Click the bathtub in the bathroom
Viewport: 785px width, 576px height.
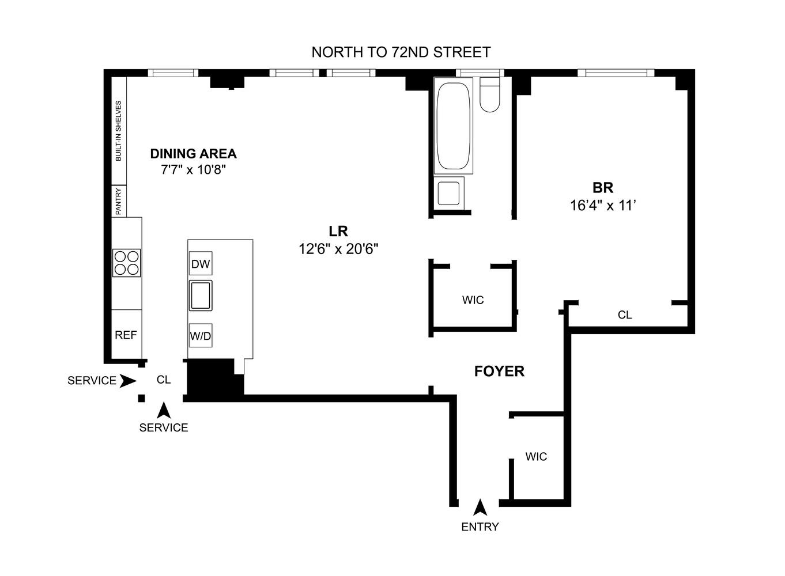click(x=454, y=126)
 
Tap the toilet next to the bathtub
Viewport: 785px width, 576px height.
click(x=489, y=94)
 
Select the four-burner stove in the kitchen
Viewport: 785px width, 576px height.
click(x=127, y=263)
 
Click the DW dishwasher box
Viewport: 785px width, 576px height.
click(x=201, y=263)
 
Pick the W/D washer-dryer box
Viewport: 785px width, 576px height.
click(x=201, y=335)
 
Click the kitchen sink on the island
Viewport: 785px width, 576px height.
click(x=201, y=295)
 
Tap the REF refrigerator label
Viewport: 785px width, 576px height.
click(x=126, y=335)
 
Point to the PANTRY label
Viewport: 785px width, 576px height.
click(x=119, y=202)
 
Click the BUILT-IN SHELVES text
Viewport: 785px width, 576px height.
click(x=119, y=131)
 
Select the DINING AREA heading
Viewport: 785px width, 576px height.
click(x=194, y=154)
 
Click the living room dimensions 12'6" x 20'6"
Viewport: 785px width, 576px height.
click(x=338, y=249)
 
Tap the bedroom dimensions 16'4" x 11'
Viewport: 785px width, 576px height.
click(x=603, y=205)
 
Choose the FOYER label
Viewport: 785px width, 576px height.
click(x=499, y=371)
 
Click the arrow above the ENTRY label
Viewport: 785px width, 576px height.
click(x=480, y=507)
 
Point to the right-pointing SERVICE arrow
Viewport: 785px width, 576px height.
click(x=128, y=381)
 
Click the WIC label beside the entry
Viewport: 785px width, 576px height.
click(x=536, y=457)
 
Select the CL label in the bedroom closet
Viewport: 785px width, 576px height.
click(x=625, y=315)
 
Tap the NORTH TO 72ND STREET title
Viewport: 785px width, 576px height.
click(x=401, y=52)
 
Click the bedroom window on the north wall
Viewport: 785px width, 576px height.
click(x=616, y=73)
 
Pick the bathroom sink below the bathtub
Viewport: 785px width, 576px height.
click(x=448, y=194)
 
